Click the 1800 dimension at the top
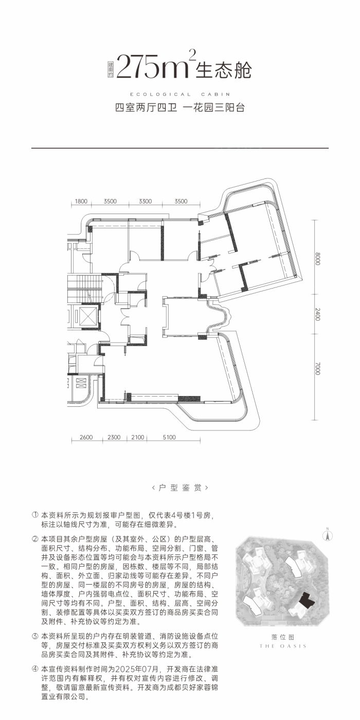(81, 201)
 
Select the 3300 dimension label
(145, 201)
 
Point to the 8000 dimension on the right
(318, 259)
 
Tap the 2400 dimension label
(318, 314)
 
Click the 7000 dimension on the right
(318, 368)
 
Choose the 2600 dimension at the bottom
(86, 437)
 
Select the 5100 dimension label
(169, 437)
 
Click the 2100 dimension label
(138, 437)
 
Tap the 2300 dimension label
(114, 437)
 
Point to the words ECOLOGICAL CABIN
(180, 94)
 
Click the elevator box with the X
(88, 316)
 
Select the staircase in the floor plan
(85, 289)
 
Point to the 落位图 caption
(282, 637)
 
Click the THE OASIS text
(283, 646)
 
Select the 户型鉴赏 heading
(180, 488)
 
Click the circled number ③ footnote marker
(35, 636)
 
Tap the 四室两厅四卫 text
(146, 107)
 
